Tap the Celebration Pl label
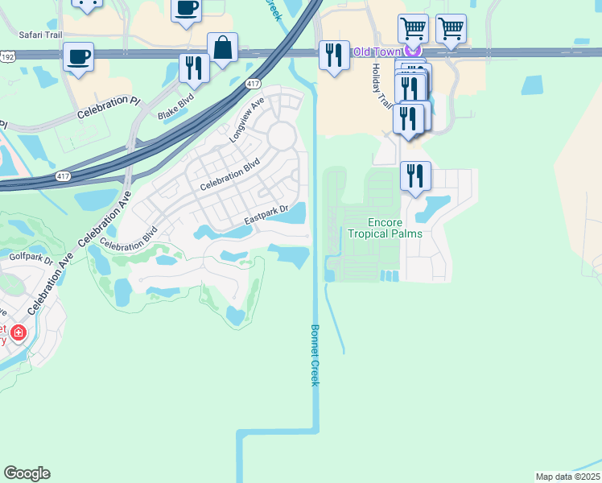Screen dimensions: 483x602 click(109, 107)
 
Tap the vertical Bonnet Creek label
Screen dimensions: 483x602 click(315, 355)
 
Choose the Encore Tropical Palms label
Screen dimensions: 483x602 click(385, 228)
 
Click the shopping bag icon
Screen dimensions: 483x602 click(222, 48)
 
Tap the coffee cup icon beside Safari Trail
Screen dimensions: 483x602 click(78, 57)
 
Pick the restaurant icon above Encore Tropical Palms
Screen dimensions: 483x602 click(415, 175)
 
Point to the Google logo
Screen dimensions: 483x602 click(27, 473)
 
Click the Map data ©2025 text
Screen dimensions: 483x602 click(567, 476)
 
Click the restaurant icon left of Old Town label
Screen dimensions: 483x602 click(334, 56)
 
